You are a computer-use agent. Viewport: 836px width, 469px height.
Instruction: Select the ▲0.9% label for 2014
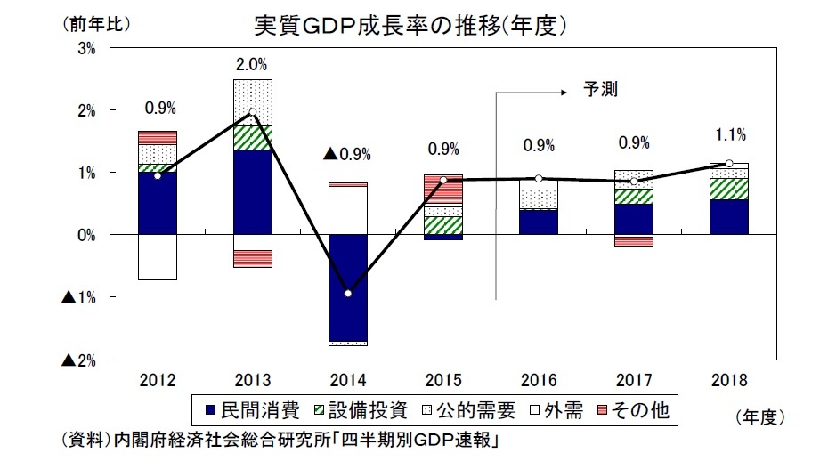tap(346, 154)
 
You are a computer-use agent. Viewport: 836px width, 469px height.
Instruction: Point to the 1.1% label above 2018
tap(729, 134)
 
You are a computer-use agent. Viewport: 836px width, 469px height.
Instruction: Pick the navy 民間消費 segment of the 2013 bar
tap(252, 191)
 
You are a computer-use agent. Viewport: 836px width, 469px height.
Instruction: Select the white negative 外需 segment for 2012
tap(158, 256)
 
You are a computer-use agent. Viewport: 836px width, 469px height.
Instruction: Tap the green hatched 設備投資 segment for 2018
tap(729, 189)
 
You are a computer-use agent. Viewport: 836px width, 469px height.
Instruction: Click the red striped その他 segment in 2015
tap(442, 189)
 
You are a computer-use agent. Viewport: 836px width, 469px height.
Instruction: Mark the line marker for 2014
tap(347, 294)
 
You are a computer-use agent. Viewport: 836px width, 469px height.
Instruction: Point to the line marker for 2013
tap(252, 113)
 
